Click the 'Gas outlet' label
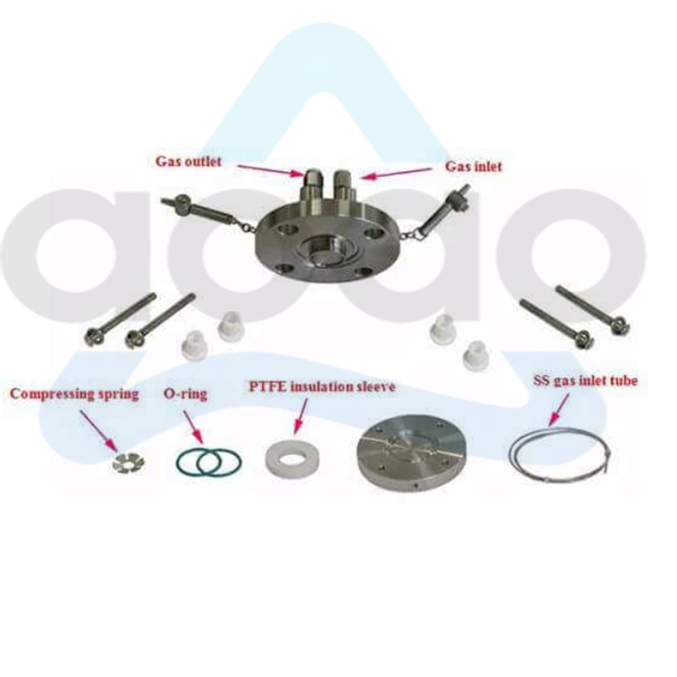point(190,161)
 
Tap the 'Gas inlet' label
point(474,166)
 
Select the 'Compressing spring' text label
point(74,395)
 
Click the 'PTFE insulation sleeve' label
point(323,388)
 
